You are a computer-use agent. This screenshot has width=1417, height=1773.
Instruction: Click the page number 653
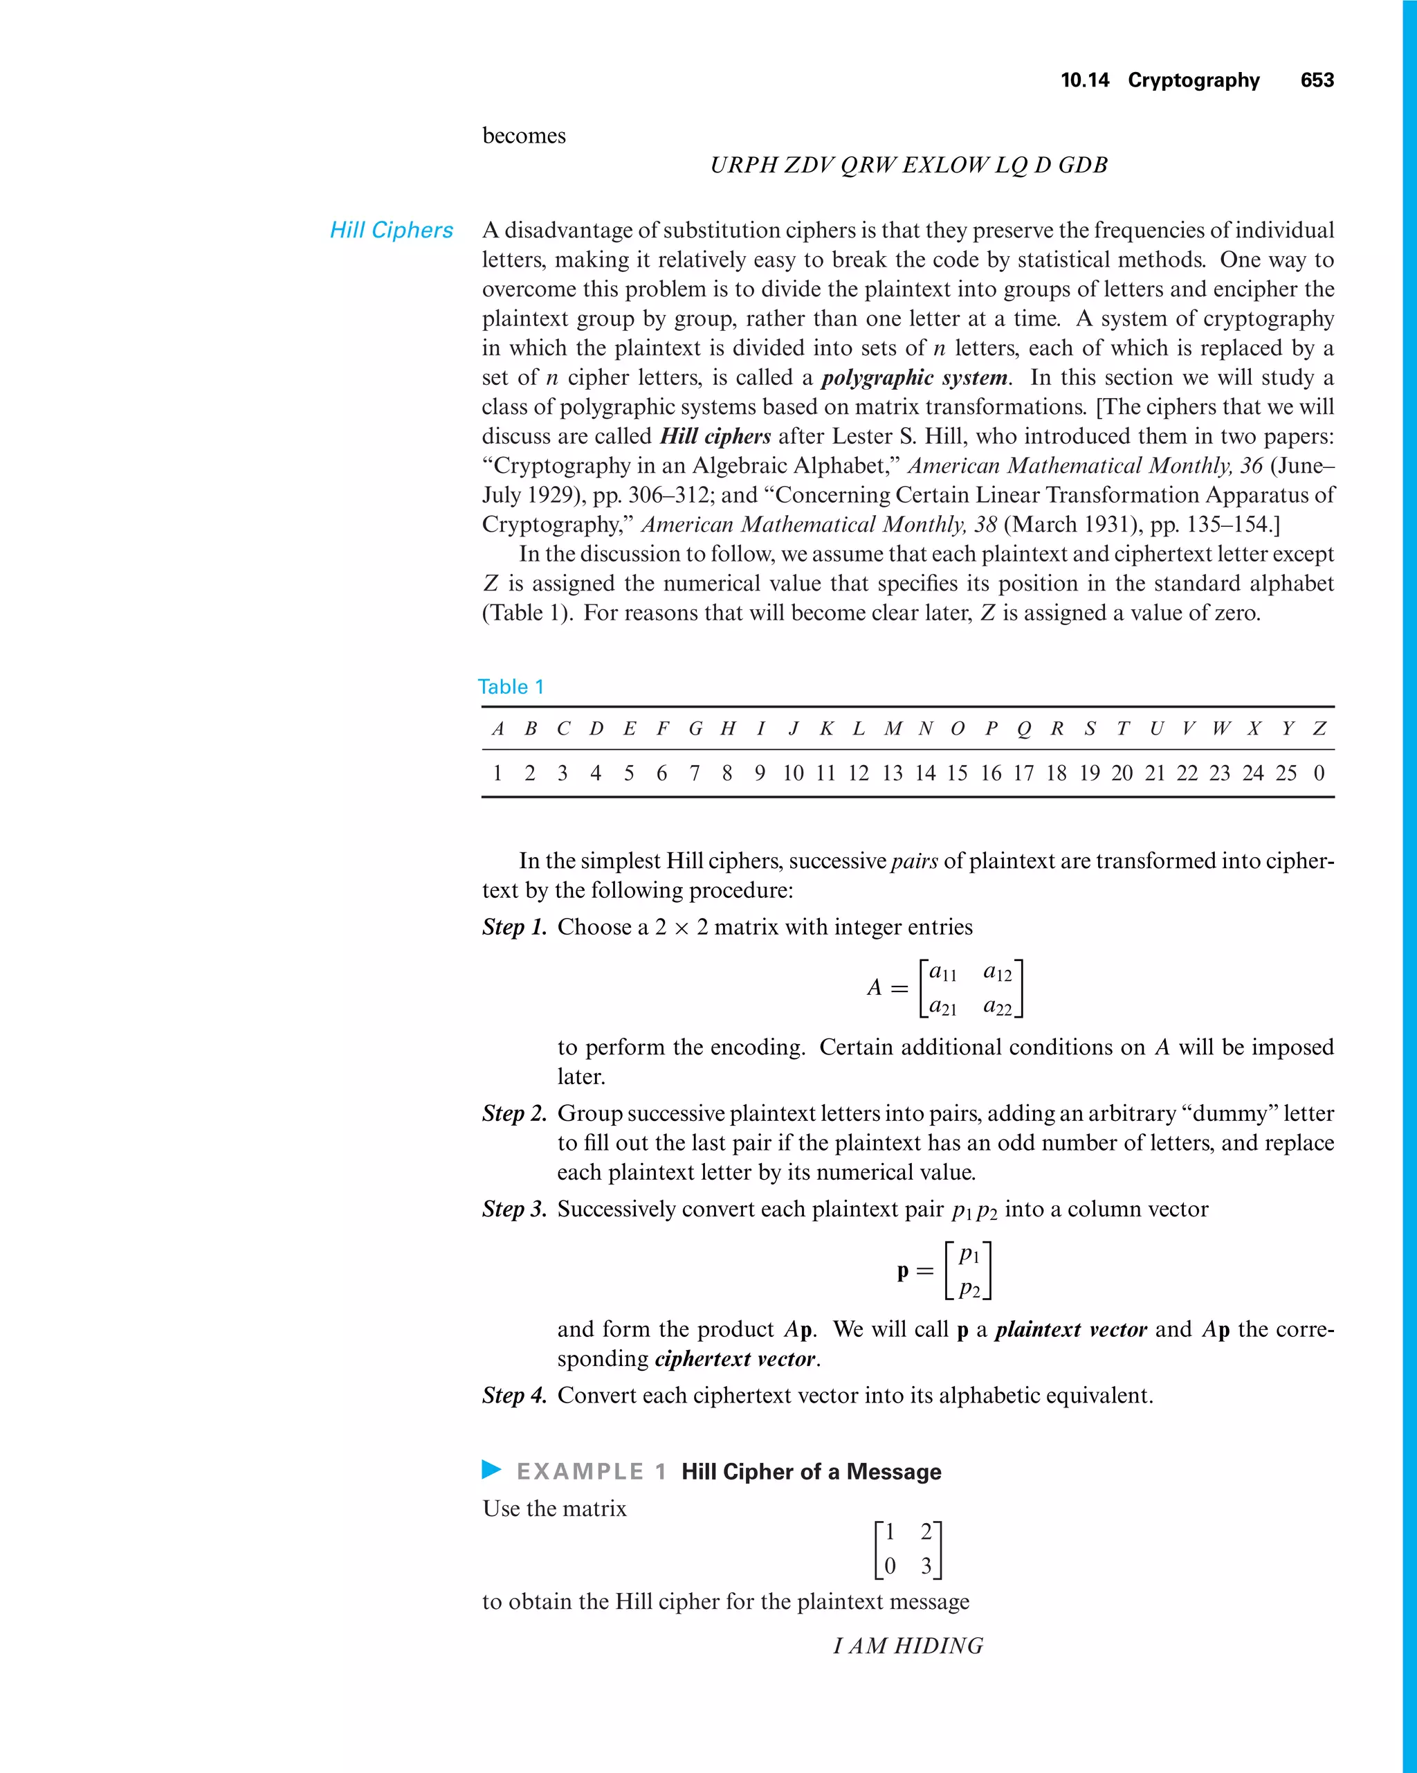click(x=1317, y=80)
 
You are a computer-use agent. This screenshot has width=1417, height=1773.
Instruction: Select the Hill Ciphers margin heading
click(x=391, y=231)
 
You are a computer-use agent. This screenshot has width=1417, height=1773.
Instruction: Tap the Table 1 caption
click(x=511, y=687)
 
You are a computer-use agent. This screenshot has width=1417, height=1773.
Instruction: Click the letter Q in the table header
click(x=1023, y=728)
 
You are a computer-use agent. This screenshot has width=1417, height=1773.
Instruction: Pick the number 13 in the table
click(x=892, y=773)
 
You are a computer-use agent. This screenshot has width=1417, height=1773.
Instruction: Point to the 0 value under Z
click(x=1318, y=773)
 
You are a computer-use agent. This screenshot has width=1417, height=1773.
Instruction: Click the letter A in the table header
click(x=497, y=728)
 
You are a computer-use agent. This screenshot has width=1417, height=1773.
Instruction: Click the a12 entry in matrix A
click(x=997, y=972)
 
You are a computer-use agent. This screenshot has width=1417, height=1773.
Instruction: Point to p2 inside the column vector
click(x=970, y=1288)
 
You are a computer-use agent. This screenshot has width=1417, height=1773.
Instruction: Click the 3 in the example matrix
click(x=926, y=1567)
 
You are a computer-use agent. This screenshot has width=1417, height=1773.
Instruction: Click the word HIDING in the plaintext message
click(x=938, y=1646)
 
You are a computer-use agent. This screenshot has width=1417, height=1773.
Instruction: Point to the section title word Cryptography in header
click(x=1193, y=80)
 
